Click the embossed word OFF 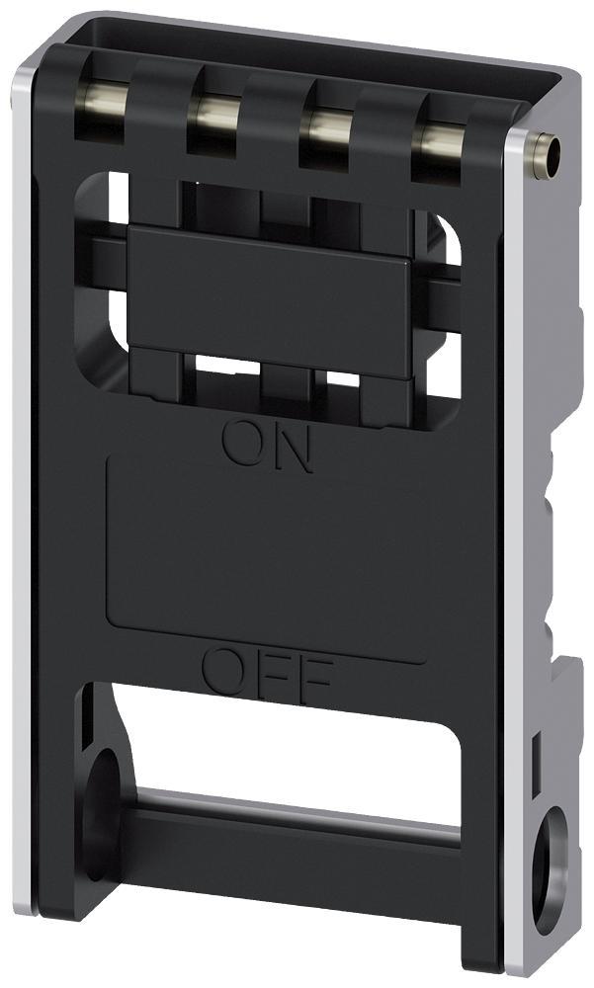tap(268, 672)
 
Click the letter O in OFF tap(223, 668)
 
